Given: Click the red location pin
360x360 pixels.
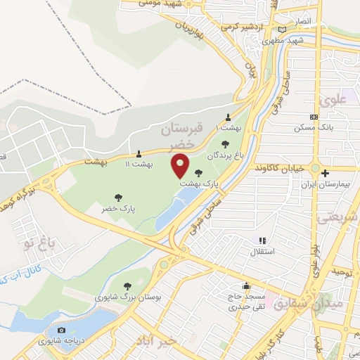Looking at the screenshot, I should coord(181,166).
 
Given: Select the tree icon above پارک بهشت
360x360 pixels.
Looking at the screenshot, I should coord(200,172).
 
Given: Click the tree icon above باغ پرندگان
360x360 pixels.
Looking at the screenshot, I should coord(226,144).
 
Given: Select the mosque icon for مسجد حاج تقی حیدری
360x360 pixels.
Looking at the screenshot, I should coord(246,286).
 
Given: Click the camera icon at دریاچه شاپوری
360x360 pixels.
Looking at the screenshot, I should coord(61,330).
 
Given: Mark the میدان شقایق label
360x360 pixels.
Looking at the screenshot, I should coord(335,304).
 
